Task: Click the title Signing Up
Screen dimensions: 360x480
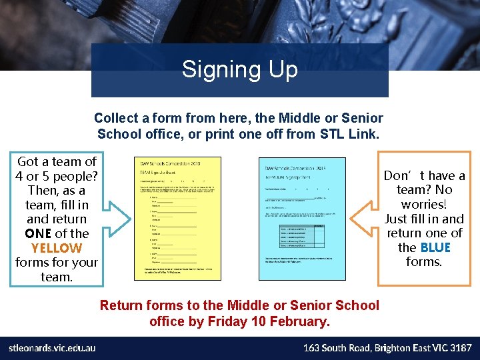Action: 239,69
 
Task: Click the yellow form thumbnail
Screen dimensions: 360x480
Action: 177,218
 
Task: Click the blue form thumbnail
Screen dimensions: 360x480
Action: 301,218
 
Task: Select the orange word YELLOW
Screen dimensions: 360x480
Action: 57,248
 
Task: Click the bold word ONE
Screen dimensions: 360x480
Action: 38,233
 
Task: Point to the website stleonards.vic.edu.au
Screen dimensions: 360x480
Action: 52,348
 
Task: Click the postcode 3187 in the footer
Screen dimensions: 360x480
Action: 459,348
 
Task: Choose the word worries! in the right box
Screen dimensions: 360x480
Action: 424,204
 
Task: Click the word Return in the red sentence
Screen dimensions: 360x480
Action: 120,305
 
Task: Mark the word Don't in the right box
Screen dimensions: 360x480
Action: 401,176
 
